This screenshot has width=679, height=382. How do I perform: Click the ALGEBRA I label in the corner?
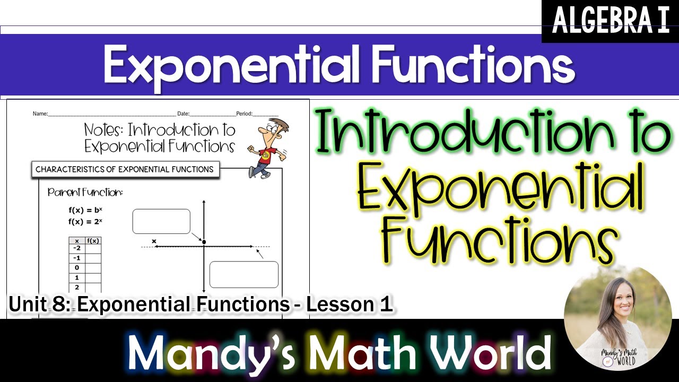(610, 21)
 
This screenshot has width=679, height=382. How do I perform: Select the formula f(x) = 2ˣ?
(85, 221)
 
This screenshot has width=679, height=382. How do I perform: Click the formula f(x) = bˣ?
(85, 210)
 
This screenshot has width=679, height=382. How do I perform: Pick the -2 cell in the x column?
(77, 248)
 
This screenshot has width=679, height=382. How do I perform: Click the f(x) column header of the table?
(93, 240)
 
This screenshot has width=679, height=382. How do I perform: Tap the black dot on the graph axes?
(204, 242)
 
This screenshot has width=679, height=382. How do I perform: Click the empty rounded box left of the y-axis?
(161, 221)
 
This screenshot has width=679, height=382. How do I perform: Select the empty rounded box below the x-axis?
(244, 274)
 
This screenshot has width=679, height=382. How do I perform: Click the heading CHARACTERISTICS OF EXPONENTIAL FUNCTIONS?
(125, 170)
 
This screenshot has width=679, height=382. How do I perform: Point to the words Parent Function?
(85, 192)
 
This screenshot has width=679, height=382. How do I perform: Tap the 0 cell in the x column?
(77, 267)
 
